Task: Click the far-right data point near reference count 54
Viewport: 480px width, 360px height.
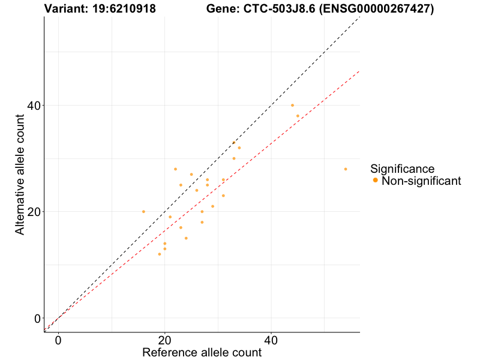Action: [346, 169]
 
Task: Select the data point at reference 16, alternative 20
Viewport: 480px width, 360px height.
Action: [143, 212]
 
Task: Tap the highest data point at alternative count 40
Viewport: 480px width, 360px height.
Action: [292, 105]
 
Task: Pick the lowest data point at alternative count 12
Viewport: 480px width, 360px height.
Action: [159, 254]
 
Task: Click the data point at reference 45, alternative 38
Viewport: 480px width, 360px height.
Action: [298, 116]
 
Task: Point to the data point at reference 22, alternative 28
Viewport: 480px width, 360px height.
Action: [175, 169]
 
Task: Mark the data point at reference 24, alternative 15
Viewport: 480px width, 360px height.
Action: [186, 238]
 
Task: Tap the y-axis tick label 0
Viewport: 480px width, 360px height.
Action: [38, 319]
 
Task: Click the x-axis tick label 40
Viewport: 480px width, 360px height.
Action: [271, 340]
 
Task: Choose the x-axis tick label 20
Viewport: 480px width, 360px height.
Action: [165, 340]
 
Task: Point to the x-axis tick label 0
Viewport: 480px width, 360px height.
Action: [58, 340]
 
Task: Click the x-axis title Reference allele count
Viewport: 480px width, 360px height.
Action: [202, 352]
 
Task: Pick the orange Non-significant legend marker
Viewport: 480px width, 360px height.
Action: [375, 180]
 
